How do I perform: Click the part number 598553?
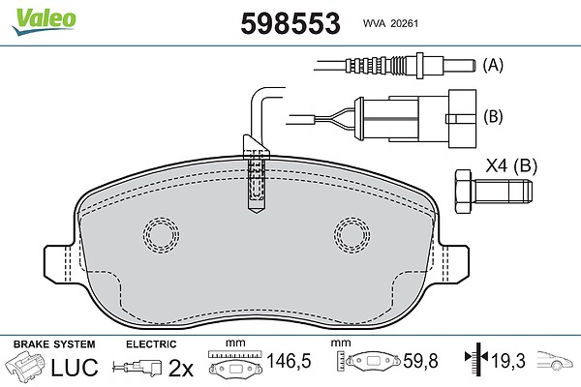(290, 23)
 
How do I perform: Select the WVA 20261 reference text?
(390, 23)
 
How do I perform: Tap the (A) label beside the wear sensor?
(493, 65)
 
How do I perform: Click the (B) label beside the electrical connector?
(493, 116)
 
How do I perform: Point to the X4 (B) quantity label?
(511, 165)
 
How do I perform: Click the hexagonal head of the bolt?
(464, 192)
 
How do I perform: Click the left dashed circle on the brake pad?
(161, 235)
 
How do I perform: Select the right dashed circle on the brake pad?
(352, 235)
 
